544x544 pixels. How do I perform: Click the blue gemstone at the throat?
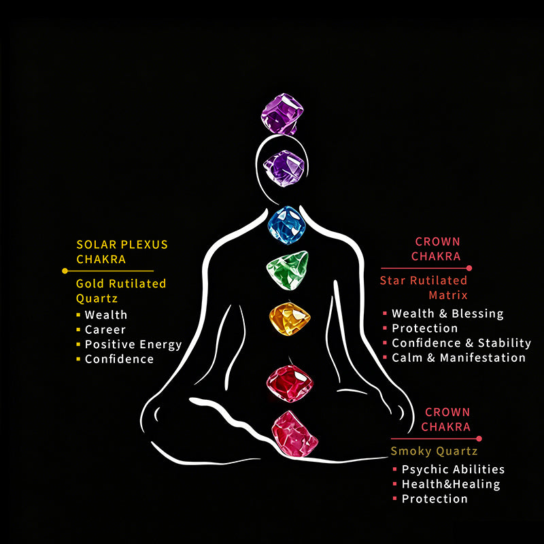pos(286,225)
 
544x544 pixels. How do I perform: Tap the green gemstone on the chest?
pos(288,270)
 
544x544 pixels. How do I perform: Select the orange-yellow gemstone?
pos(290,319)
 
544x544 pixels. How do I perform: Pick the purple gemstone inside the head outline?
pos(284,168)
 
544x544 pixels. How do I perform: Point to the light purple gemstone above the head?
pos(282,114)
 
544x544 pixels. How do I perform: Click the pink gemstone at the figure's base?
pos(294,434)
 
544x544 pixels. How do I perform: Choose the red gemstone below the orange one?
pos(290,383)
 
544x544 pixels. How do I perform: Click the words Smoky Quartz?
pos(434,451)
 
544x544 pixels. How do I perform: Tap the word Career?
pos(105,330)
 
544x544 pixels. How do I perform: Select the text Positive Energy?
pos(133,345)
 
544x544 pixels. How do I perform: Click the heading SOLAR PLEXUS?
pos(122,245)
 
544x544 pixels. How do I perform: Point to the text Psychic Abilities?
pos(453,469)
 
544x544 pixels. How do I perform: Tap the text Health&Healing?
pos(451,484)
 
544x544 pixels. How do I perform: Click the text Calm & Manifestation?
pos(458,358)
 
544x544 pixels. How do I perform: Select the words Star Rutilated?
pos(424,280)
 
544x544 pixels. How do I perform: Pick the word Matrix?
pos(448,295)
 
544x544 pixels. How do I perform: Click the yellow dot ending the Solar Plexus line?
pos(65,271)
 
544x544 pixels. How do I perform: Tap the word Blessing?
pos(477,313)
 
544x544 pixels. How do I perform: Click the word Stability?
pos(505,343)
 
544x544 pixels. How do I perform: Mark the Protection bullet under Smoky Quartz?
pos(435,499)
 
